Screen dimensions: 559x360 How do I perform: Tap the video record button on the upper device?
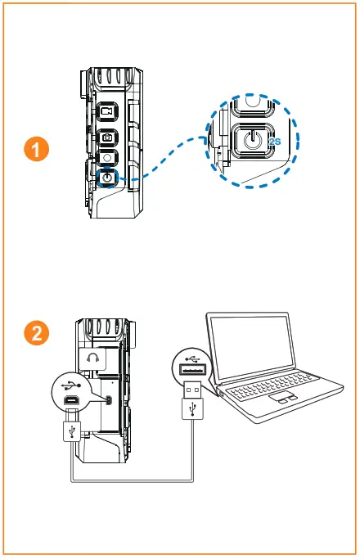tap(107, 112)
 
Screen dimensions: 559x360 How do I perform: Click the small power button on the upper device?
tap(107, 174)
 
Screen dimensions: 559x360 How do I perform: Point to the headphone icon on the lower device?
tap(92, 358)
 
